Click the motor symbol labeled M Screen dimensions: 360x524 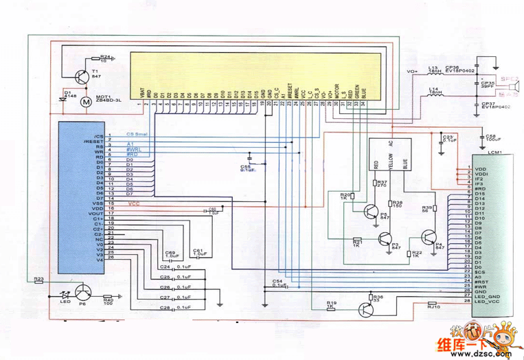coord(86,102)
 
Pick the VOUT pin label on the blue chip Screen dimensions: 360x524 coord(95,214)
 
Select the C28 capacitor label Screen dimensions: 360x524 coord(165,308)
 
